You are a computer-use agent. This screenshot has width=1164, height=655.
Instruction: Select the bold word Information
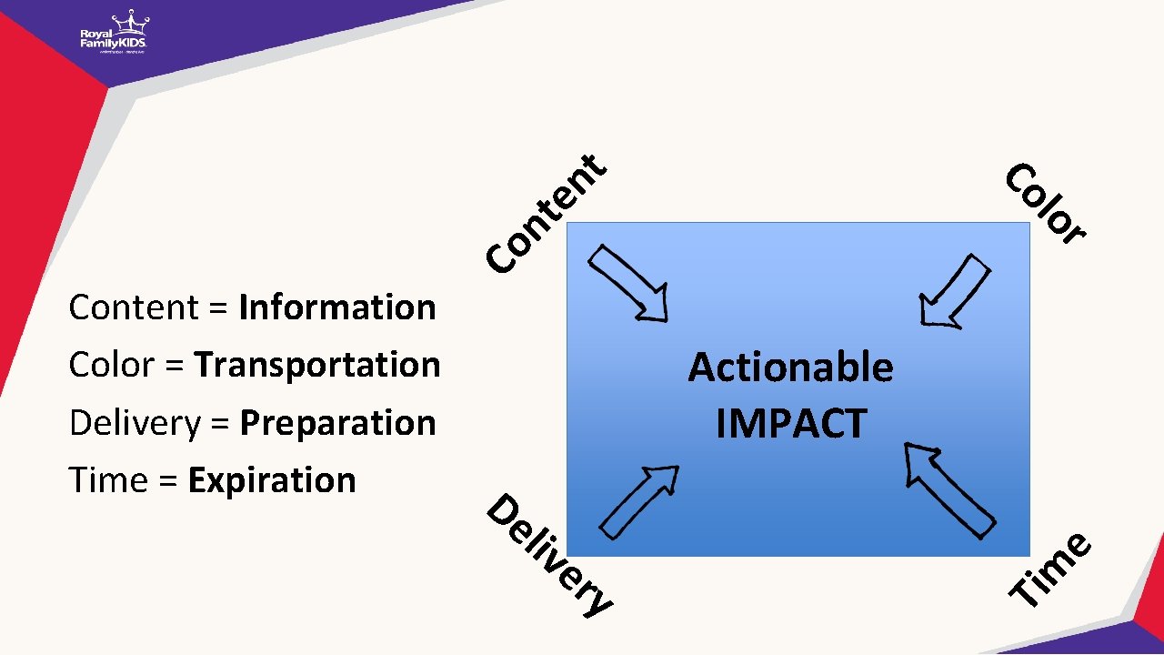(x=336, y=307)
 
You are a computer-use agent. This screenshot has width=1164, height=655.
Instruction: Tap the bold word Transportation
(x=317, y=365)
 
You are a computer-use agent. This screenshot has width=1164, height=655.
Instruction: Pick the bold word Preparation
(x=337, y=423)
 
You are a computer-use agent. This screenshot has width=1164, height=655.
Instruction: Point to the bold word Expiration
(x=272, y=480)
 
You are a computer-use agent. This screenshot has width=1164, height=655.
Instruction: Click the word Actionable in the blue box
(x=790, y=368)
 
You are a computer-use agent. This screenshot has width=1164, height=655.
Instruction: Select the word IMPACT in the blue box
(x=791, y=423)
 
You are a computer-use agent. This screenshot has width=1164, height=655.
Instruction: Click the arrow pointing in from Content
(x=629, y=283)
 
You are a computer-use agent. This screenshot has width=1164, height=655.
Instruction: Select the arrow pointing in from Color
(x=954, y=290)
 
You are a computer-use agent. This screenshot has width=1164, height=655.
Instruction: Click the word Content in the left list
(x=134, y=307)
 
